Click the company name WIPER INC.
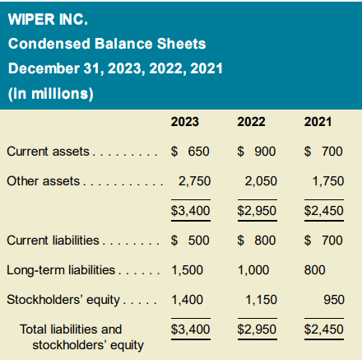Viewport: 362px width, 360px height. click(x=48, y=19)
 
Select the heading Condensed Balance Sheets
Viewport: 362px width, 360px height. click(x=107, y=44)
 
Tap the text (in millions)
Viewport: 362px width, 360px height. click(x=51, y=94)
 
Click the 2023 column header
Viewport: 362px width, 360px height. click(x=185, y=122)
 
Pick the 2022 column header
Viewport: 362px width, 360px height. click(x=251, y=122)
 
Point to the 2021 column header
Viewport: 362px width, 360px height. click(x=318, y=122)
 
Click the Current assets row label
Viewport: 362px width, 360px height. click(x=48, y=152)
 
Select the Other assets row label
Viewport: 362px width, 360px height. click(x=44, y=181)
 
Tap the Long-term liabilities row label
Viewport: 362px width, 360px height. click(x=61, y=270)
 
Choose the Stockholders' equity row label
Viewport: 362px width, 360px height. click(x=63, y=300)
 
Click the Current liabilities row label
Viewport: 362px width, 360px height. click(x=53, y=241)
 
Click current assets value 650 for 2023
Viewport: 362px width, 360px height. click(x=198, y=152)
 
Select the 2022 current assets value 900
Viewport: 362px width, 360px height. click(x=265, y=152)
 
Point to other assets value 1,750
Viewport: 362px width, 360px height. click(x=328, y=181)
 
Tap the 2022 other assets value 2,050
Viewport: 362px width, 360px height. click(x=261, y=181)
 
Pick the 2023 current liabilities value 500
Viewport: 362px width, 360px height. click(x=198, y=241)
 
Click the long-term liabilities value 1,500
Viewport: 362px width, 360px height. click(x=188, y=270)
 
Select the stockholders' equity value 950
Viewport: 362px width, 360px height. click(x=334, y=300)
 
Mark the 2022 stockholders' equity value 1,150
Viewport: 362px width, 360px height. click(x=261, y=300)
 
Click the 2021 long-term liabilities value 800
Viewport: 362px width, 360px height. click(x=314, y=270)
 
